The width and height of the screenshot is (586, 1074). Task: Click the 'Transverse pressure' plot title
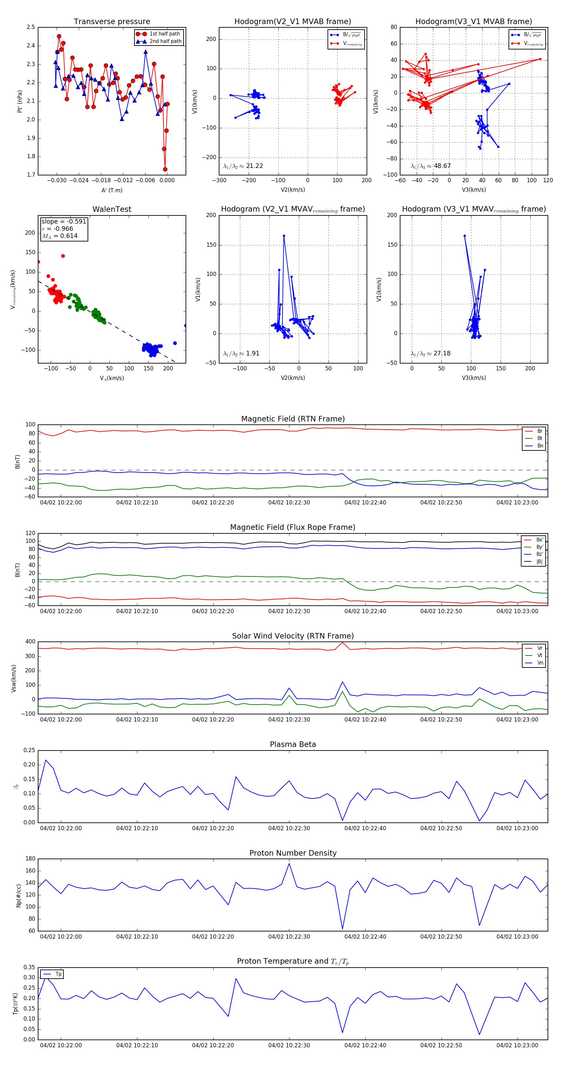(112, 22)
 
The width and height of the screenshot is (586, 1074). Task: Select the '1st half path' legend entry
(164, 34)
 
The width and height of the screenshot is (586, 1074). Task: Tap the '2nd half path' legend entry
(165, 41)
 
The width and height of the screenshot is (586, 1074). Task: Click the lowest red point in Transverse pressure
(165, 169)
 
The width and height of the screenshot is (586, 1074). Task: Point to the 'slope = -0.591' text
(64, 221)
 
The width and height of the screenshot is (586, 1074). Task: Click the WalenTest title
(112, 209)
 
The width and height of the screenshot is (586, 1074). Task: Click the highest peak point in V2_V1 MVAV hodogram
(284, 236)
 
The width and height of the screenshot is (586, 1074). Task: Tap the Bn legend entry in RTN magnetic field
(540, 446)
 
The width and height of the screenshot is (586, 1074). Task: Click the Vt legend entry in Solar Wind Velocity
(540, 655)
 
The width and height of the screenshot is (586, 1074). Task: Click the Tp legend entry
(58, 974)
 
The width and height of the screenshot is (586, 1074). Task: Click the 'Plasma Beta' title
(293, 745)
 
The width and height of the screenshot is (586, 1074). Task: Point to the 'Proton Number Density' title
(293, 853)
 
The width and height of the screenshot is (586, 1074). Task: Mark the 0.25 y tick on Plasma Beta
(30, 750)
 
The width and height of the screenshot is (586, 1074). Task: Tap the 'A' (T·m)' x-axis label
(112, 190)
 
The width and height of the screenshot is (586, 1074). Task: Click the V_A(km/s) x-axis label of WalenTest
(112, 378)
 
